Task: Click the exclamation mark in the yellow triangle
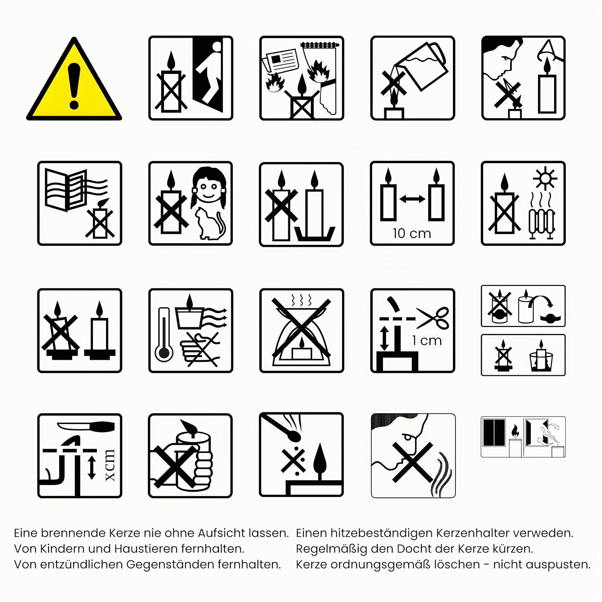pos(74,86)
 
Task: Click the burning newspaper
pos(280,61)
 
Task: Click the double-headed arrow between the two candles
pos(412,199)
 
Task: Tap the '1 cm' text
pos(427,340)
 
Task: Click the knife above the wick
pos(86,426)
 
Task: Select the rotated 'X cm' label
pos(110,465)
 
